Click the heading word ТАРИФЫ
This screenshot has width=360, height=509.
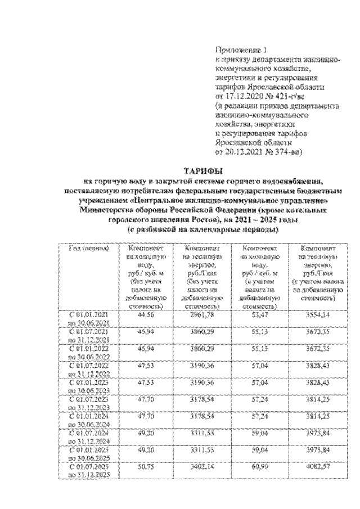click(204, 170)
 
